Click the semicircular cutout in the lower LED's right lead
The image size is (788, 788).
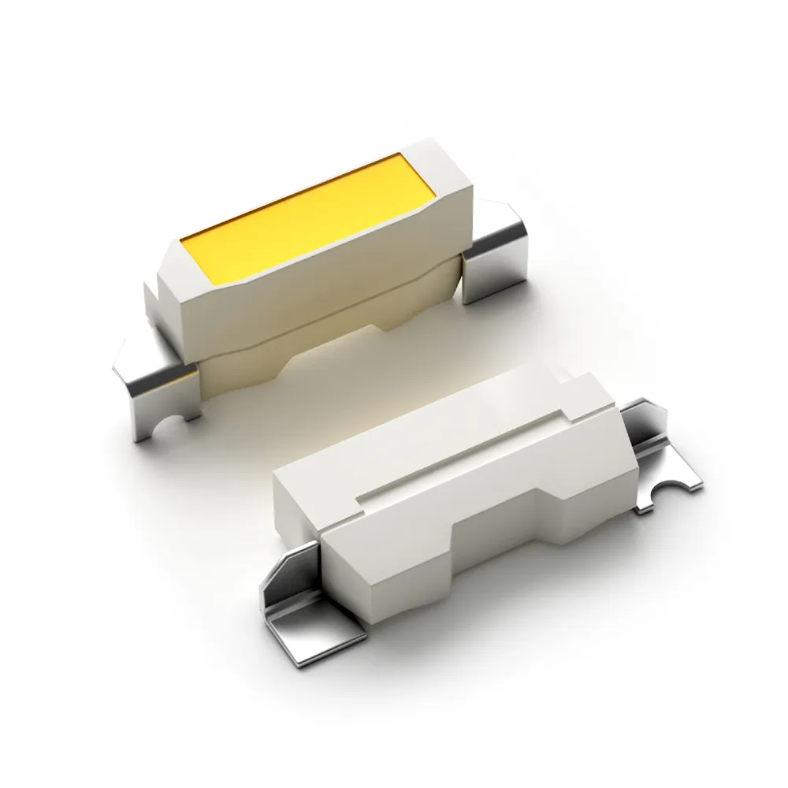[674, 489]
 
